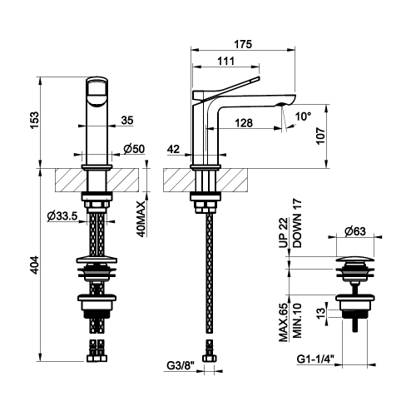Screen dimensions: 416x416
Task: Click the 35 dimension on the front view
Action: point(127,121)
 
